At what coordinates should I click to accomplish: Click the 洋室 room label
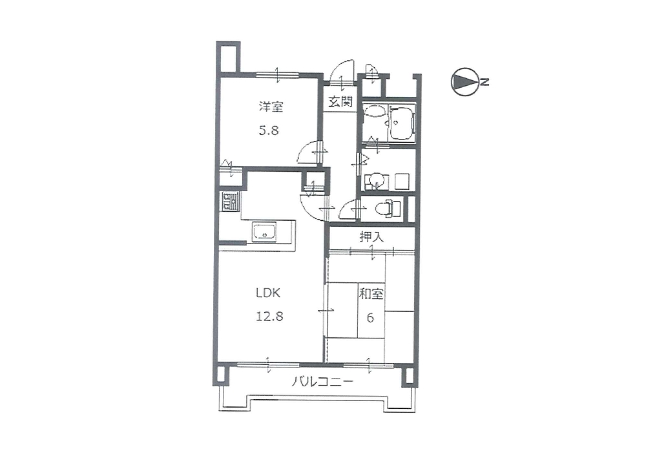point(271,107)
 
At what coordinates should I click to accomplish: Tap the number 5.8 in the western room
point(269,130)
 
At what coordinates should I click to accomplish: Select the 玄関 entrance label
point(340,101)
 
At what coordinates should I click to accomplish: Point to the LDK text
point(268,293)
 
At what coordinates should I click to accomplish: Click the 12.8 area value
point(269,316)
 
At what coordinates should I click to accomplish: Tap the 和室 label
point(371,294)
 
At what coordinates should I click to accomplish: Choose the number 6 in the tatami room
point(370,318)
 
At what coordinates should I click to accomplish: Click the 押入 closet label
point(371,237)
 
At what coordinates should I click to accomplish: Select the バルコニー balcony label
point(322,382)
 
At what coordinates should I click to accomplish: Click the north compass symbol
point(464,82)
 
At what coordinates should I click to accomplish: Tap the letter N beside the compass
point(485,82)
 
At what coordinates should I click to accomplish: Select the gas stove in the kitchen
point(228,202)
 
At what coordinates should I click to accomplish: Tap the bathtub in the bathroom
point(402,122)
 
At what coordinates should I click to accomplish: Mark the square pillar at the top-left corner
point(228,57)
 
